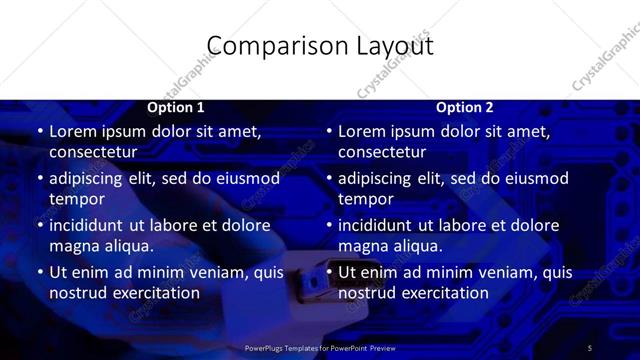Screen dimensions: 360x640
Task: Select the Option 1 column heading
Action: [x=176, y=107]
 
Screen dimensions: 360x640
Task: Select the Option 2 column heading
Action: [x=465, y=107]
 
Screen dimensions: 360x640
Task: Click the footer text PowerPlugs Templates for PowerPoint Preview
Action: [x=320, y=348]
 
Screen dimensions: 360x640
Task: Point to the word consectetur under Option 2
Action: [x=382, y=152]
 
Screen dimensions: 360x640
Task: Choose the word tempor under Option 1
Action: [x=77, y=199]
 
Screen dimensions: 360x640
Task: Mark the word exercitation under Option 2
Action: [x=441, y=293]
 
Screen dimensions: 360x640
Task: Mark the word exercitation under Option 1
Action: [x=152, y=293]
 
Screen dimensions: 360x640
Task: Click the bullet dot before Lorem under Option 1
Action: [x=39, y=131]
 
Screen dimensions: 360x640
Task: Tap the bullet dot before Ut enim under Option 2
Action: [x=328, y=272]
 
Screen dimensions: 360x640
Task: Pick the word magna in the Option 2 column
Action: [x=364, y=246]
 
